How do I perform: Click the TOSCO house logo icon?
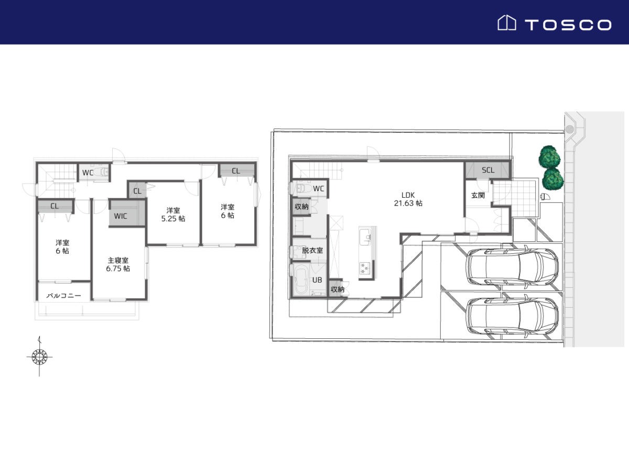(x=507, y=23)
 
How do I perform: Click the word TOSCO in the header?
(x=568, y=25)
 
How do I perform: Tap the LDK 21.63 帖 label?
(x=408, y=199)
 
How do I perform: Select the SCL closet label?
(x=488, y=170)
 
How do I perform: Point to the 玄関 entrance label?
(x=478, y=195)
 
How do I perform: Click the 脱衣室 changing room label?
(x=312, y=250)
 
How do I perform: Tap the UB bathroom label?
(x=317, y=280)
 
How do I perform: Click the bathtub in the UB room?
(x=300, y=280)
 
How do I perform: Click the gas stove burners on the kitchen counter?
(x=365, y=268)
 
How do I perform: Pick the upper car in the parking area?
(x=512, y=266)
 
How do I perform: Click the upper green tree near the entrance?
(x=549, y=157)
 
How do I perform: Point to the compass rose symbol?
(x=39, y=357)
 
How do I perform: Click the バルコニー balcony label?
(x=63, y=295)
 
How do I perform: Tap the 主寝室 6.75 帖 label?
(x=118, y=264)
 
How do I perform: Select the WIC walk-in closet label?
(x=121, y=216)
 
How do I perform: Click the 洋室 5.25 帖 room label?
(x=173, y=214)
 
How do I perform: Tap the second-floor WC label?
(x=88, y=173)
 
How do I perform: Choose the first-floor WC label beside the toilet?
(x=318, y=189)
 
